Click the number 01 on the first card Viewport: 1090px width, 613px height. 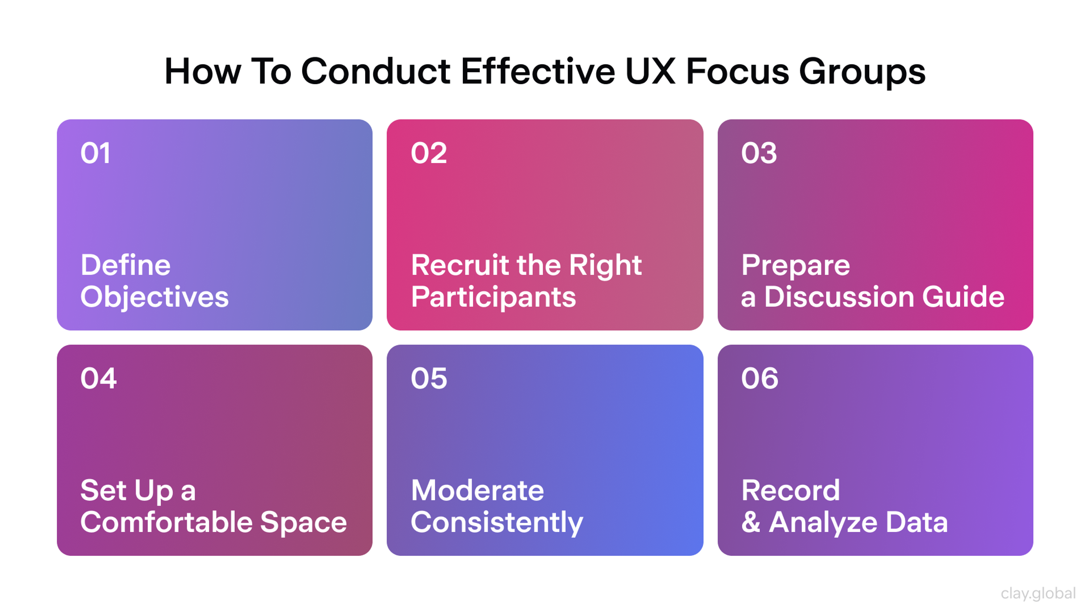tap(96, 153)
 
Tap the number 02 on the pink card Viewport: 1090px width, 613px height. tap(428, 153)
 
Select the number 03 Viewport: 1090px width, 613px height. tap(759, 153)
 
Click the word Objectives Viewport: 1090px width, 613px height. tap(154, 297)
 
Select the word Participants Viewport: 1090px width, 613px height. tap(493, 297)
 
